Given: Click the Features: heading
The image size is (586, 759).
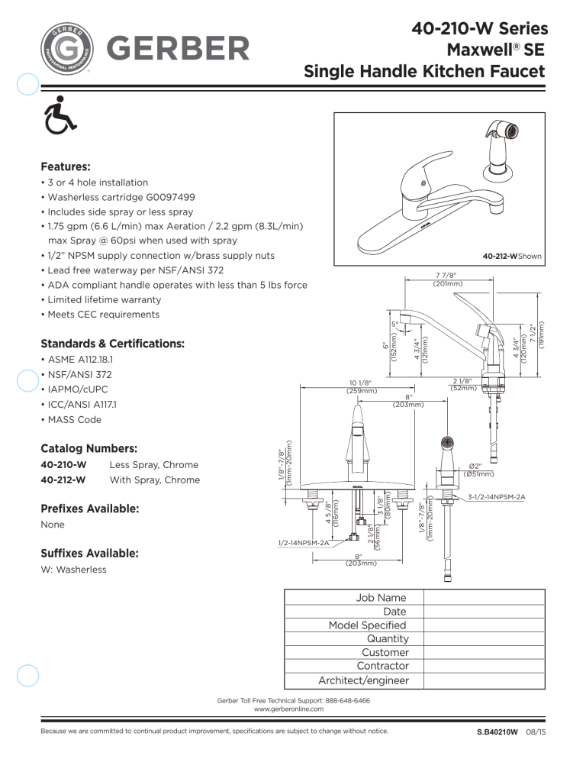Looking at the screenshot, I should (66, 166).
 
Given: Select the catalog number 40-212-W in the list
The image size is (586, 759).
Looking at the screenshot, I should (63, 480).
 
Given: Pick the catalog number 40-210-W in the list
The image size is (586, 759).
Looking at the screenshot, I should (63, 465).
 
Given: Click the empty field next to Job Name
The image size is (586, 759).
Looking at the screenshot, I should (485, 598).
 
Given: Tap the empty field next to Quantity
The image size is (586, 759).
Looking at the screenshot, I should (485, 639).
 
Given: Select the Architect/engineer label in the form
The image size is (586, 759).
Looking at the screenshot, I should (363, 680).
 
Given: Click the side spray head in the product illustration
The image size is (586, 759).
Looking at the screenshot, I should (506, 137).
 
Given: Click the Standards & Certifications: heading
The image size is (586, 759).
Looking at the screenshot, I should (112, 344).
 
